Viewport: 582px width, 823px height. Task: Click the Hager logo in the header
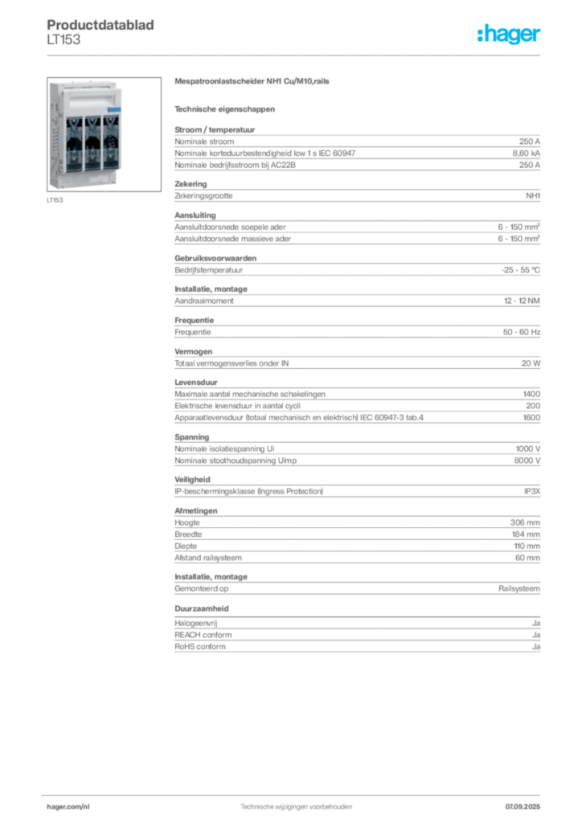[509, 34]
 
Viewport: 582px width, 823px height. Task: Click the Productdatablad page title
[100, 25]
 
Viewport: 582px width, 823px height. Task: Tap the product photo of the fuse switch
[104, 134]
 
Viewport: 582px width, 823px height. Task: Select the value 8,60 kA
[527, 154]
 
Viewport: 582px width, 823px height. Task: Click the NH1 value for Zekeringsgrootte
[533, 196]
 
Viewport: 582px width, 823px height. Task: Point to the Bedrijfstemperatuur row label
[208, 270]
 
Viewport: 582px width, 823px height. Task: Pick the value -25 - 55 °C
[521, 270]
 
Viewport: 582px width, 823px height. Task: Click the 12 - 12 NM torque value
[522, 301]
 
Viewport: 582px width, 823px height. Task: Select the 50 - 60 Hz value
[521, 332]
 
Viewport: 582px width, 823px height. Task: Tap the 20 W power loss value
[531, 363]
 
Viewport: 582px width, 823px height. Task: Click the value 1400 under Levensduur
[531, 394]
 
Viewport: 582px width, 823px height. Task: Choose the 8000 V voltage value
[527, 461]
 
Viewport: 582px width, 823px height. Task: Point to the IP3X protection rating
[532, 491]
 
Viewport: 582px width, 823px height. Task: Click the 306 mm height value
[525, 522]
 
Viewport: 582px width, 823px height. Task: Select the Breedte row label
[188, 534]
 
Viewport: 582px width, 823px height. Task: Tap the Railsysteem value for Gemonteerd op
[519, 589]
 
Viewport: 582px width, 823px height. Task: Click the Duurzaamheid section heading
[202, 609]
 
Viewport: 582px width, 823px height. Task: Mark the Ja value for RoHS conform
[536, 647]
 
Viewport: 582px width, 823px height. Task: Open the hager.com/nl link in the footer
[68, 807]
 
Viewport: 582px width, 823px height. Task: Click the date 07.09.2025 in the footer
[523, 807]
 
